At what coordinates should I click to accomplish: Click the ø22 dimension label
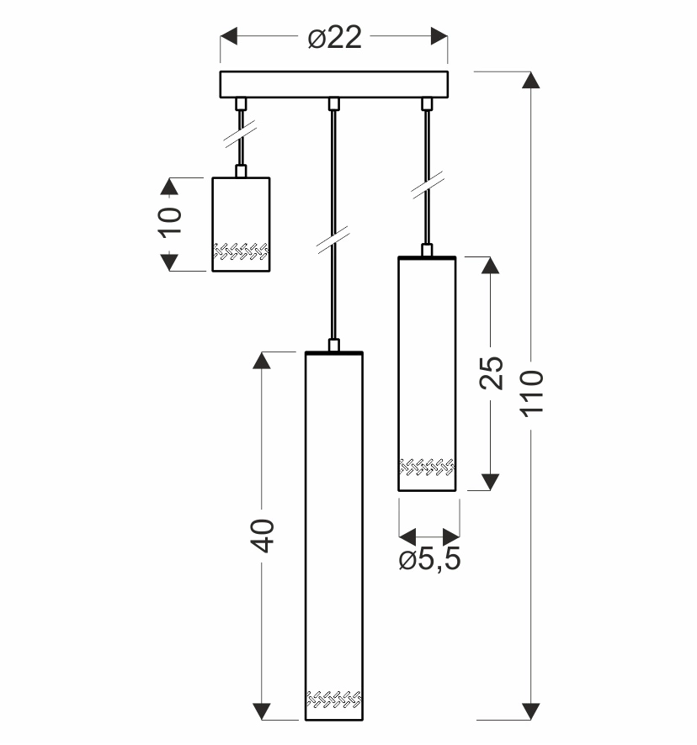point(334,38)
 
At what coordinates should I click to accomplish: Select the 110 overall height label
point(534,394)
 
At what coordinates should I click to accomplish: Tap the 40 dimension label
point(263,535)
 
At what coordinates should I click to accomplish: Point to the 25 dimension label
point(492,372)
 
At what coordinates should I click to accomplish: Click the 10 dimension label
point(170,222)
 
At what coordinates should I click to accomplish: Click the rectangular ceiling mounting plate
point(334,85)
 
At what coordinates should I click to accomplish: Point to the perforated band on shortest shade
point(241,251)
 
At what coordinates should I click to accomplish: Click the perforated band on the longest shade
point(333,699)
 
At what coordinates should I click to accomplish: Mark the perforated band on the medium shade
point(427,466)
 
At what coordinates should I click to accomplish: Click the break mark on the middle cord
point(333,239)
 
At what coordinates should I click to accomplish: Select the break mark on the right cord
point(427,185)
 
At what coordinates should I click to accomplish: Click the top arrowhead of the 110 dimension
point(530,81)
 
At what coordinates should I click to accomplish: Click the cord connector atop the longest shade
point(333,345)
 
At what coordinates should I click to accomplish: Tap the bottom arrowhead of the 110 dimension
point(530,711)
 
